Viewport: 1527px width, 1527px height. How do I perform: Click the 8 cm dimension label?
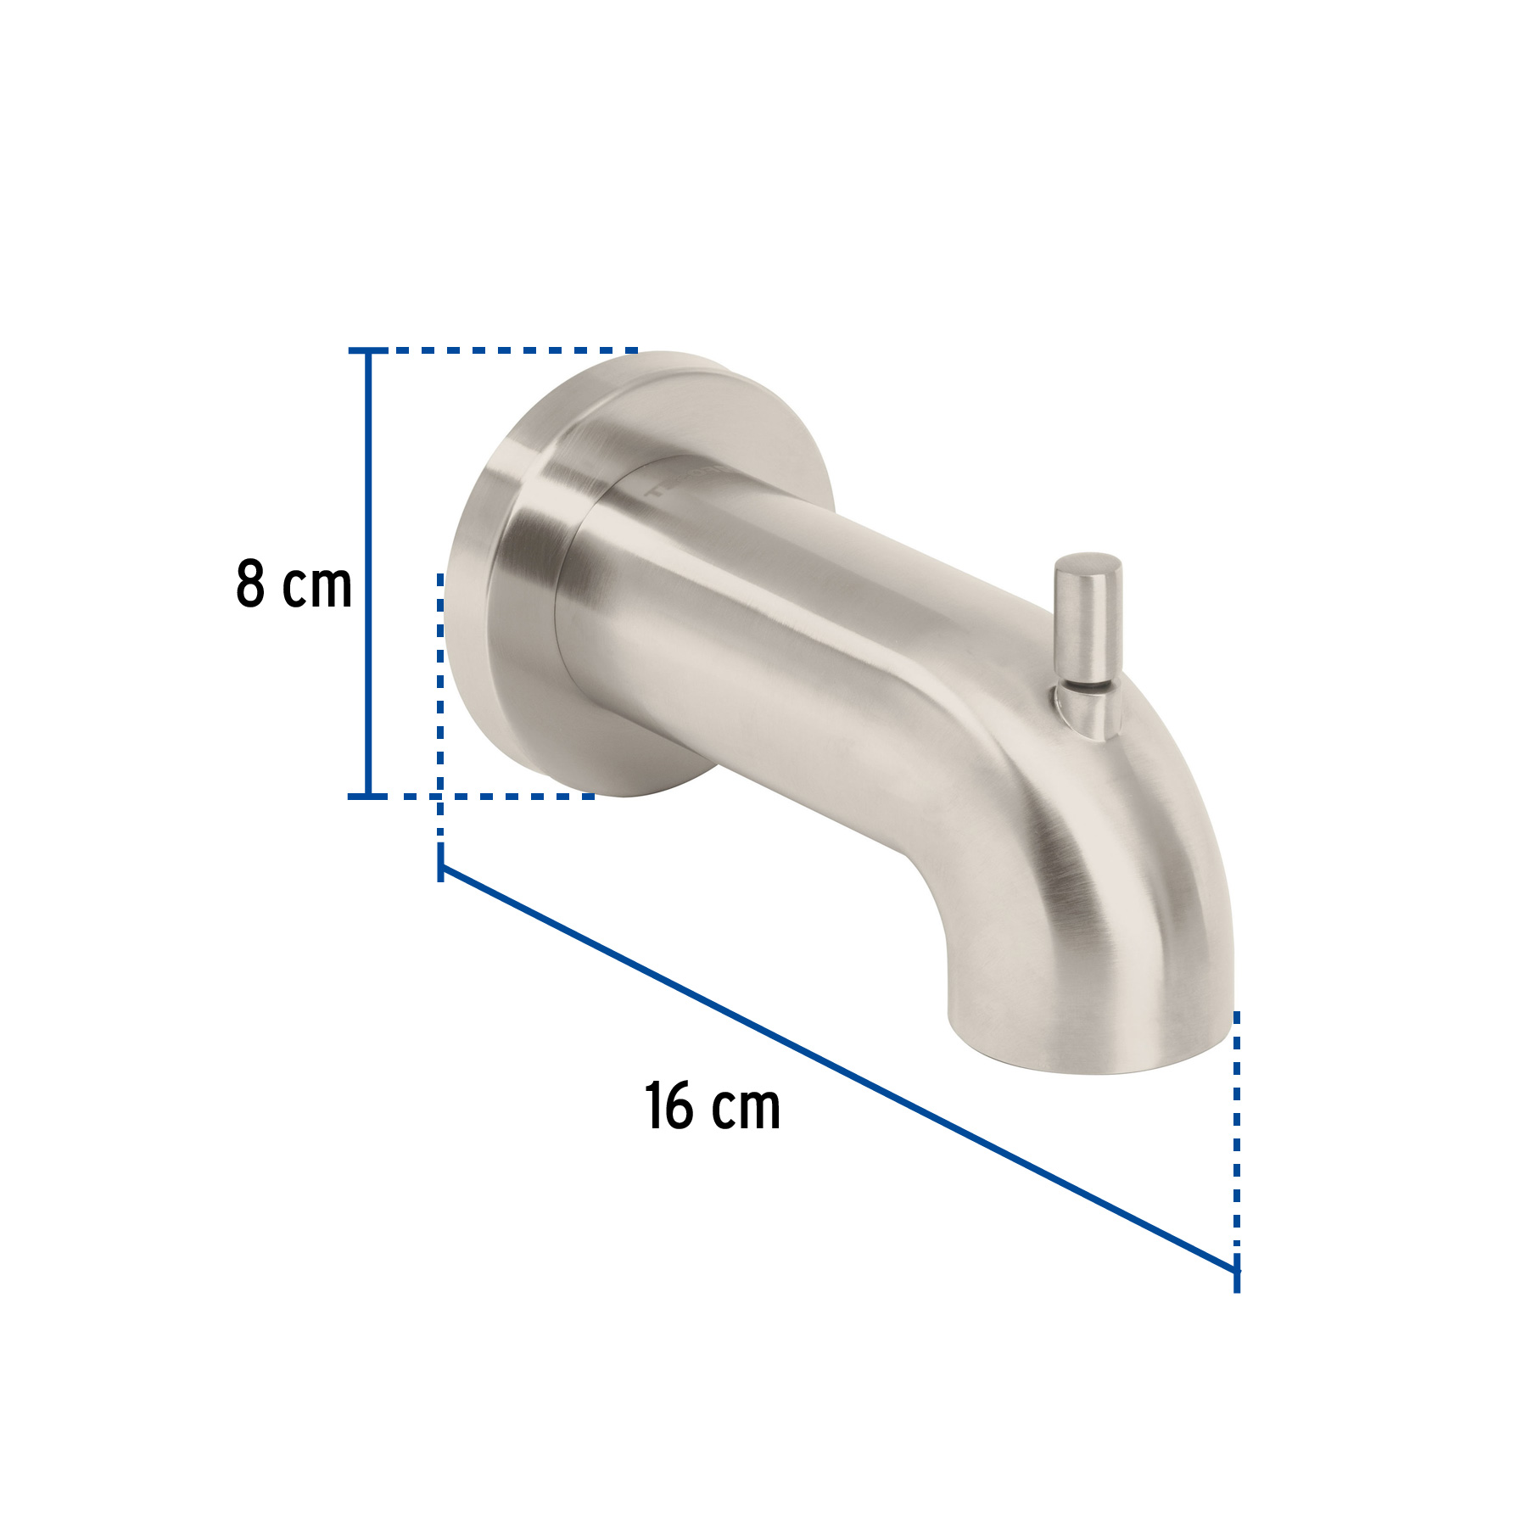pyautogui.click(x=294, y=585)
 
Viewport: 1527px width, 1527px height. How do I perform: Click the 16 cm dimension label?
pyautogui.click(x=713, y=1106)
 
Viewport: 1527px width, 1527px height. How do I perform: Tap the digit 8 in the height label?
pyautogui.click(x=250, y=585)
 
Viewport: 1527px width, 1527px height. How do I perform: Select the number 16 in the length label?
pyautogui.click(x=668, y=1106)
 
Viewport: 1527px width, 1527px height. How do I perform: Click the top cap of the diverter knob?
pyautogui.click(x=1088, y=566)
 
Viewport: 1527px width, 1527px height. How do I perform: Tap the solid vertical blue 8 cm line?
pyautogui.click(x=367, y=577)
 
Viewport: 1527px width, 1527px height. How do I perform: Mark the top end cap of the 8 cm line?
pyautogui.click(x=367, y=350)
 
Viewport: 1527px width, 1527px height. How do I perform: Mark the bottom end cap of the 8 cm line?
pyautogui.click(x=367, y=796)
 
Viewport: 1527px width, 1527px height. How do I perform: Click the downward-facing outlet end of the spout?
pyautogui.click(x=1090, y=1048)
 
